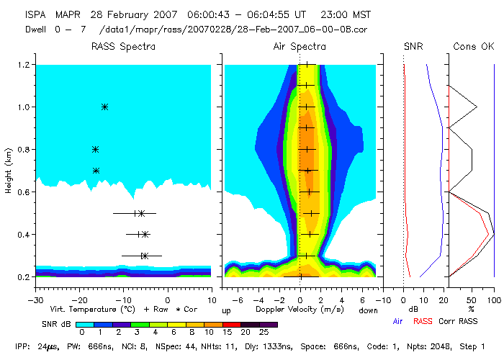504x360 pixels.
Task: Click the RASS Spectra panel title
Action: pos(123,47)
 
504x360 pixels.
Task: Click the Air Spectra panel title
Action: pos(300,47)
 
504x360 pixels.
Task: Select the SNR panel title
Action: pos(413,47)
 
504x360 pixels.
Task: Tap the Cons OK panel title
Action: pos(473,47)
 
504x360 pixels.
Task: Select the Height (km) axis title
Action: pos(8,171)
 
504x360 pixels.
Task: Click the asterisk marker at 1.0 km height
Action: pos(104,107)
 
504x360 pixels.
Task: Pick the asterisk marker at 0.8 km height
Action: pos(95,150)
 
